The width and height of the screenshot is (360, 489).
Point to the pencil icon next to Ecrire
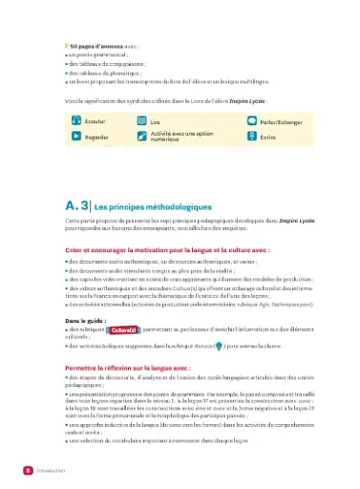point(250,138)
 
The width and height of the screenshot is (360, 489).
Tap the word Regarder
point(96,138)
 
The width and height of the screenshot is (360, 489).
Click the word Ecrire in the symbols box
point(268,138)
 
